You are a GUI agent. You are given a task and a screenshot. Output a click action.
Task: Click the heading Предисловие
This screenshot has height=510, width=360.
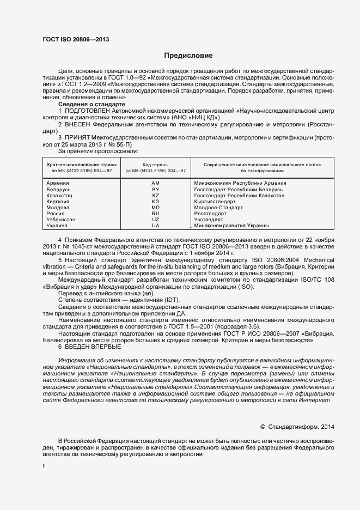pyautogui.click(x=188, y=56)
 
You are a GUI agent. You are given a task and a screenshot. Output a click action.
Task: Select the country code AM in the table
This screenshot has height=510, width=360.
pyautogui.click(x=155, y=183)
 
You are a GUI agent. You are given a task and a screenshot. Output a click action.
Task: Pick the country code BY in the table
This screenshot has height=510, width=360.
pyautogui.click(x=155, y=189)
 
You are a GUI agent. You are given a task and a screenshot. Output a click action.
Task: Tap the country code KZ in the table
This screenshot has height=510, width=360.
pyautogui.click(x=155, y=195)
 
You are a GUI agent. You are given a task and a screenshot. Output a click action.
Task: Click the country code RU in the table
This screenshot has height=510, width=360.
pyautogui.click(x=155, y=214)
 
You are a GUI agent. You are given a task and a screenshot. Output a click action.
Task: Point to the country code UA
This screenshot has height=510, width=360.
pyautogui.click(x=155, y=226)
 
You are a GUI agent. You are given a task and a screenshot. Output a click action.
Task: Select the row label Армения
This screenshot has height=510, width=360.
pyautogui.click(x=58, y=183)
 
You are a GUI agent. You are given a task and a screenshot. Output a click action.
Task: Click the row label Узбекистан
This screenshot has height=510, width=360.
pyautogui.click(x=61, y=220)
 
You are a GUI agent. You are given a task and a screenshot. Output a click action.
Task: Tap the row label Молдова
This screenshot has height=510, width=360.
pyautogui.click(x=58, y=208)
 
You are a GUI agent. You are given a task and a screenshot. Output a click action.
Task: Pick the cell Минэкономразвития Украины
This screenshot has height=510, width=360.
pyautogui.click(x=231, y=226)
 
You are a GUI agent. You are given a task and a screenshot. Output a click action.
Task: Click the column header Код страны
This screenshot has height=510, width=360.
pyautogui.click(x=155, y=164)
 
